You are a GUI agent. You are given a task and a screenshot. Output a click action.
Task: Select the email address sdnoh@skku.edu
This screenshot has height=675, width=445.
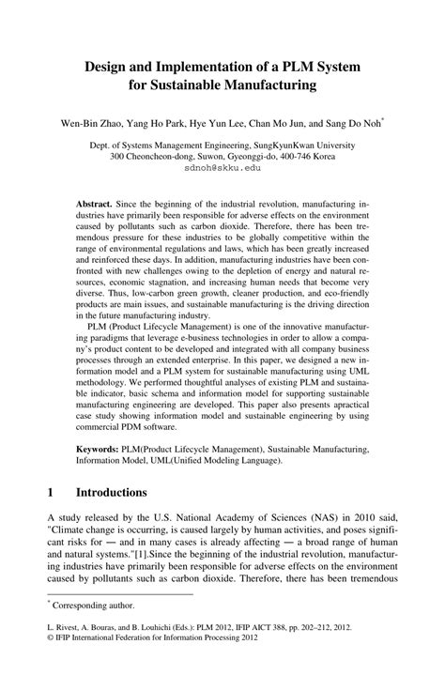[x=222, y=170]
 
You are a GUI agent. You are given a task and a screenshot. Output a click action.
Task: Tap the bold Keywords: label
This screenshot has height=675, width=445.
[x=102, y=451]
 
